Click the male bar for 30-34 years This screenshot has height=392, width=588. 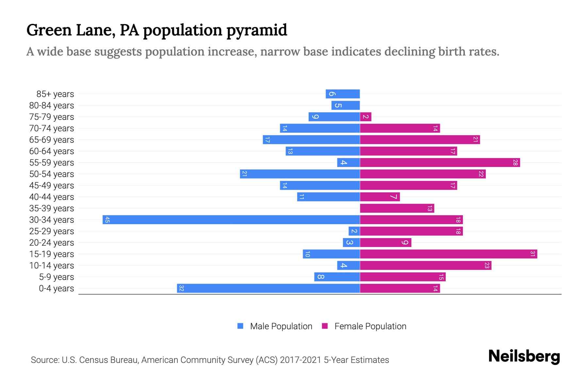231,220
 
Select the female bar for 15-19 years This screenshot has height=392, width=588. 449,254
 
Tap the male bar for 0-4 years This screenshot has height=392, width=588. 269,288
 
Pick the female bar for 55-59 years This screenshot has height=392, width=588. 440,162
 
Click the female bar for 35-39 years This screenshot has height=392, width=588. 397,208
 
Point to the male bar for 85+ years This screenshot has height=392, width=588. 343,94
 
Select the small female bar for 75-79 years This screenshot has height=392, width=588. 366,117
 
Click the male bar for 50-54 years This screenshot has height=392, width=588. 300,174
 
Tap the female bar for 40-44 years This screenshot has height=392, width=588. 380,197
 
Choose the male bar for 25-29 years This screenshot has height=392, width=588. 354,231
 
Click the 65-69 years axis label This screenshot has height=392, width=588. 52,140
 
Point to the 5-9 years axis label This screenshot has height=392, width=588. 57,277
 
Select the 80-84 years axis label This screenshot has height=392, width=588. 52,106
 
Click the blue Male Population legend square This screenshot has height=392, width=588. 240,326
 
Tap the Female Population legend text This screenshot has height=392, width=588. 370,326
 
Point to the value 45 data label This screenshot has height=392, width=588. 107,220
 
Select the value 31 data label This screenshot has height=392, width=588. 532,254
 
